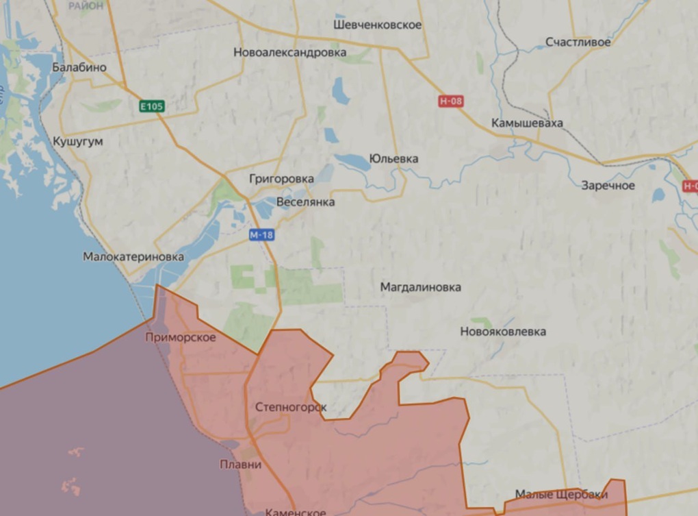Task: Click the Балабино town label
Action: tap(79, 67)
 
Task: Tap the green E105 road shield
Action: tap(152, 106)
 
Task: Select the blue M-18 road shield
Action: tap(261, 235)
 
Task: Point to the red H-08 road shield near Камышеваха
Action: tap(450, 101)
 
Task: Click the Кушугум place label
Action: tap(77, 141)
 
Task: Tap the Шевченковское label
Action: tap(378, 25)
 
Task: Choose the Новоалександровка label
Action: tap(289, 52)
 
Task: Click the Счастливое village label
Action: tap(578, 42)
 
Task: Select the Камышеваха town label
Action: tap(527, 123)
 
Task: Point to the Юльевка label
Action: tap(393, 159)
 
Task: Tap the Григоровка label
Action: tap(281, 179)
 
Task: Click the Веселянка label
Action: tap(305, 203)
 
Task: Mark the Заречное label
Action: tap(608, 186)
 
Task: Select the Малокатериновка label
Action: tap(133, 257)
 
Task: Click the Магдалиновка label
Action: tap(421, 288)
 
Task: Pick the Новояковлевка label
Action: tap(503, 332)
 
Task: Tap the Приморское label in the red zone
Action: tap(181, 337)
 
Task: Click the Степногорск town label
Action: tap(290, 408)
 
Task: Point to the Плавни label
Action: tap(240, 465)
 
